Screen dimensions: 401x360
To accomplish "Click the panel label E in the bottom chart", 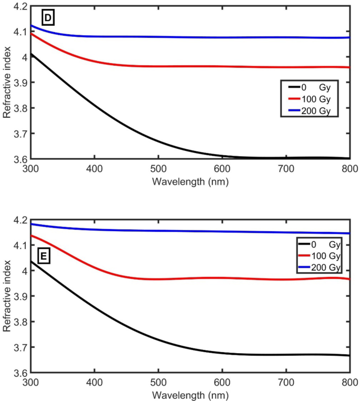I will (x=45, y=256).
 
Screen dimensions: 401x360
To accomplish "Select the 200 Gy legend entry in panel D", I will (x=313, y=111).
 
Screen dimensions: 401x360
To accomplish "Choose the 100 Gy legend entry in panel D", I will (x=313, y=98).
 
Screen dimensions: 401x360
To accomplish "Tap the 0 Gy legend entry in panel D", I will (x=313, y=85).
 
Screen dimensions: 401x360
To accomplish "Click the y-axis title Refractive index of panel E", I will (x=7, y=296).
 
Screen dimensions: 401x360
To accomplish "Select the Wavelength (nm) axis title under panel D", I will (x=190, y=181).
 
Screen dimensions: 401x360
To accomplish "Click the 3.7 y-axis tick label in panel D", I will (x=17, y=133).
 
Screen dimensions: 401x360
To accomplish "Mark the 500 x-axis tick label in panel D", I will (x=158, y=169).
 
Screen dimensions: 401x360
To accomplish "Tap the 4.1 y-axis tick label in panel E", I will (x=17, y=245).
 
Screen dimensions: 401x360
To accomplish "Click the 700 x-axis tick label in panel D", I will (x=286, y=169).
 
